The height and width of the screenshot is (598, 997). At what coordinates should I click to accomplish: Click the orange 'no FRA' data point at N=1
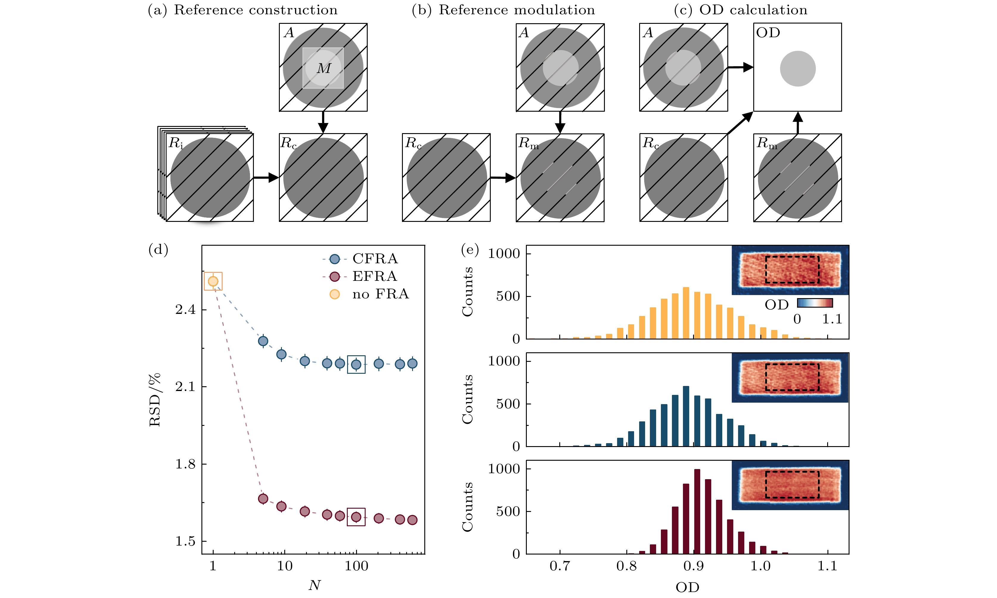pos(213,281)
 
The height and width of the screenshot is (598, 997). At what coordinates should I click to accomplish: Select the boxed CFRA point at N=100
pos(356,364)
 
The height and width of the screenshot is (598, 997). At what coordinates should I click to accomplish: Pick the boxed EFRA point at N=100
pos(356,517)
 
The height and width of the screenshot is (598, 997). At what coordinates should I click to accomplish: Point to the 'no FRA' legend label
pos(380,294)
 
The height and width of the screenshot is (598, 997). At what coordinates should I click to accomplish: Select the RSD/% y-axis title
pos(155,399)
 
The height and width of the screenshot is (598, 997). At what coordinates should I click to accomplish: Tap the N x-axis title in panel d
pos(314,585)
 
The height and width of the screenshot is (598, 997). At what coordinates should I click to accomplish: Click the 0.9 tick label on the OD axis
pos(693,566)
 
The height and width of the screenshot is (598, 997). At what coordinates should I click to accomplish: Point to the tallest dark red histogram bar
pos(697,511)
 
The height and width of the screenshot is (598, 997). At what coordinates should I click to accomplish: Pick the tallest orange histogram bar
pos(686,313)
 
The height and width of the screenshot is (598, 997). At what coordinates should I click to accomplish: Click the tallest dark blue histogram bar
pos(686,416)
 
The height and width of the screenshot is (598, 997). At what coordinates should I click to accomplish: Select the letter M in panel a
pos(324,68)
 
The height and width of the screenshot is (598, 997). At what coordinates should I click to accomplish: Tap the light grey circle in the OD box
pos(797,68)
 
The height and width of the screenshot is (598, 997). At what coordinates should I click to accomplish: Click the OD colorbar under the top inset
pos(815,303)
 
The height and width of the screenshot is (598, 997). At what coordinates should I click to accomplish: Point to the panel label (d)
pos(158,250)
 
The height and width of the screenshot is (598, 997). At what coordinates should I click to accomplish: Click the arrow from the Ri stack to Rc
pos(266,177)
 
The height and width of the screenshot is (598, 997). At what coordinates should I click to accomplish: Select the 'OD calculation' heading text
pos(753,10)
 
